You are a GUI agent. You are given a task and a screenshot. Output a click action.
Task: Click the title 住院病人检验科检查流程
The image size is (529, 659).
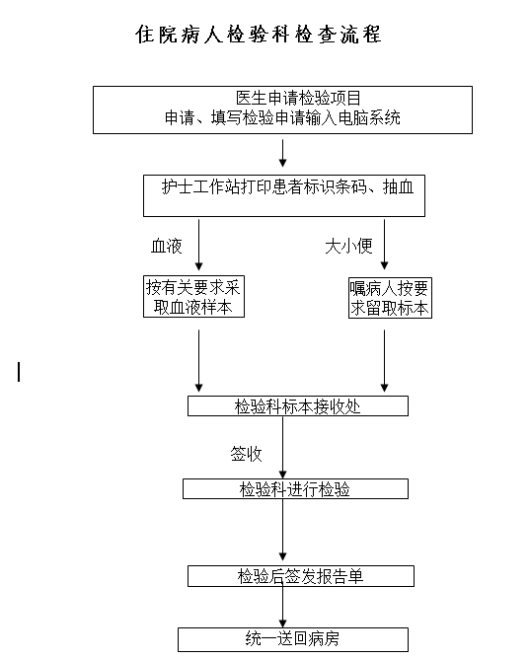pyautogui.click(x=259, y=35)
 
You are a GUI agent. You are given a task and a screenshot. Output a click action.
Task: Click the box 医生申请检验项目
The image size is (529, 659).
pyautogui.click(x=282, y=110)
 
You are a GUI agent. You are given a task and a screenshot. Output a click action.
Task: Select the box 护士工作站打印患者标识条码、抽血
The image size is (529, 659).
pyautogui.click(x=284, y=196)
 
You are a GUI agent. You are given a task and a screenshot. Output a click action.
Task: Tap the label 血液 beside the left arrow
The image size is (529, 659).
pyautogui.click(x=167, y=247)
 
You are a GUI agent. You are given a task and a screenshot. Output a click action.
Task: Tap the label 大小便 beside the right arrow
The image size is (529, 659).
pyautogui.click(x=349, y=247)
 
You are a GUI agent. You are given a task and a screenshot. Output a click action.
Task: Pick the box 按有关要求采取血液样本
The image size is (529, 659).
pyautogui.click(x=193, y=296)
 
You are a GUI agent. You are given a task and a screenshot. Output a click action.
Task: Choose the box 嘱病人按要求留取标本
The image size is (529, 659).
pyautogui.click(x=390, y=298)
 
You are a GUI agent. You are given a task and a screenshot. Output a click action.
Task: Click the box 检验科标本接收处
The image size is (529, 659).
pyautogui.click(x=298, y=406)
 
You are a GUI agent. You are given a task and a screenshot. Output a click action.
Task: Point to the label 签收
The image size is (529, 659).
pyautogui.click(x=247, y=455)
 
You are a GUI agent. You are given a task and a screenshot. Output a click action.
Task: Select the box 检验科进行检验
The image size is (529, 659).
pyautogui.click(x=295, y=488)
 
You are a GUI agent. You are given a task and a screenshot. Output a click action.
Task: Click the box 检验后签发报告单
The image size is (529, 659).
pyautogui.click(x=301, y=576)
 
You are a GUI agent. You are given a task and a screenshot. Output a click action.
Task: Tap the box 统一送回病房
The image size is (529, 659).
pyautogui.click(x=293, y=639)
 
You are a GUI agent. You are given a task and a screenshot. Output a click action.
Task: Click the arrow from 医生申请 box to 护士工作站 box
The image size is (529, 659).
pyautogui.click(x=282, y=153)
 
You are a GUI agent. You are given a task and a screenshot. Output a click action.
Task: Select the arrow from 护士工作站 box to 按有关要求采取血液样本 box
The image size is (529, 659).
pyautogui.click(x=199, y=245)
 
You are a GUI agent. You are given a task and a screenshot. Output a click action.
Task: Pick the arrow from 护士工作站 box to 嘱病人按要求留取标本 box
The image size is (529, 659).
pyautogui.click(x=384, y=245)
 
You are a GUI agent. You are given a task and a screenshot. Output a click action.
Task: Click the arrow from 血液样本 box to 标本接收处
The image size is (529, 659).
pyautogui.click(x=199, y=361)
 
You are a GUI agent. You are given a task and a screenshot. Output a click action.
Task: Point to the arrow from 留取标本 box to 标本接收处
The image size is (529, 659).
pyautogui.click(x=384, y=361)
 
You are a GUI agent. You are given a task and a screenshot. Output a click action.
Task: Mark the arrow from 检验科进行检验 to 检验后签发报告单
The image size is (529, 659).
pyautogui.click(x=282, y=530)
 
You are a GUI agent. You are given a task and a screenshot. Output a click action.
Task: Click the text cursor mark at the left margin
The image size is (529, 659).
pyautogui.click(x=19, y=372)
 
